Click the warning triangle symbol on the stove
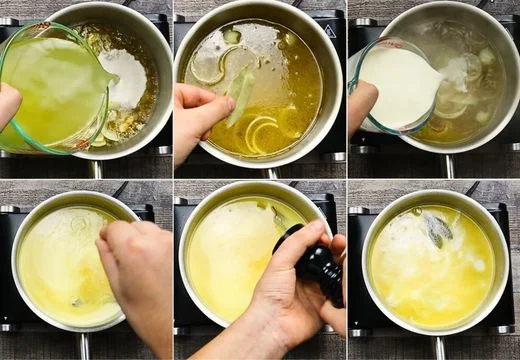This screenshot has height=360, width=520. point(329,31)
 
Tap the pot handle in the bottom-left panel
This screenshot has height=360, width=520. point(85,346)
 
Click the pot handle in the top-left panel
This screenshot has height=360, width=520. point(96,169)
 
